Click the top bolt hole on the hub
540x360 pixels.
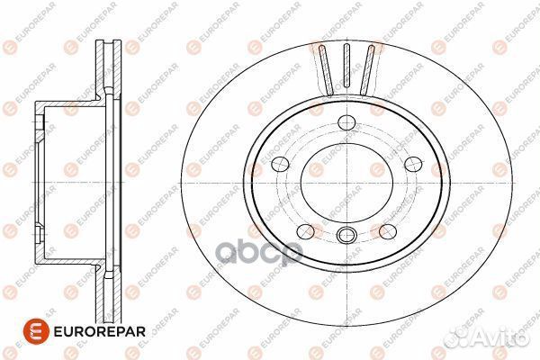click(x=346, y=125)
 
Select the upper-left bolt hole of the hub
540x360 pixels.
click(x=279, y=164)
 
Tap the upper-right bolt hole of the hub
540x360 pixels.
click(x=412, y=163)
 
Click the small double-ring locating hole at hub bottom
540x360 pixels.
click(x=346, y=237)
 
